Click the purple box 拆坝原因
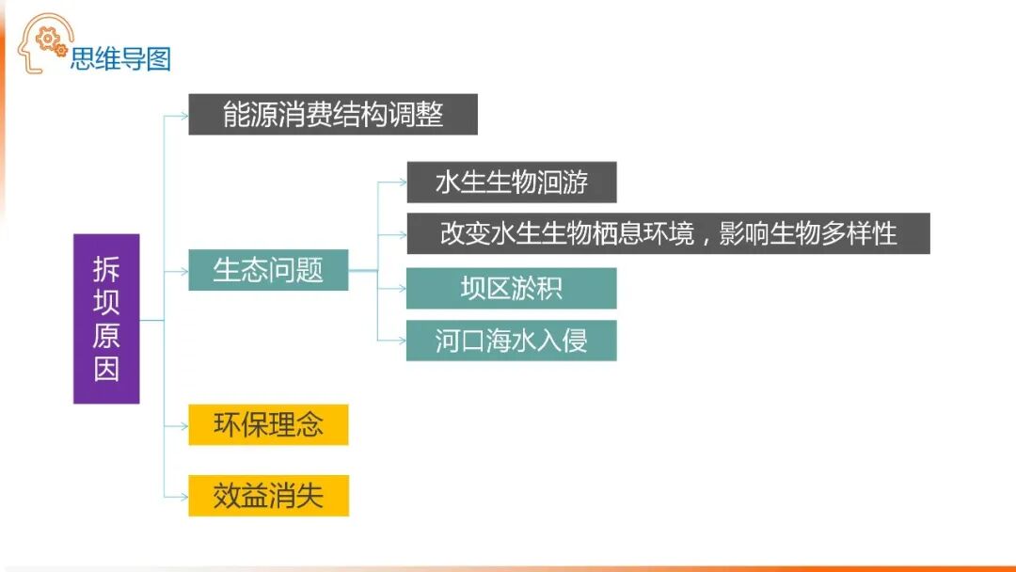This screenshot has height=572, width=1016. (x=106, y=318)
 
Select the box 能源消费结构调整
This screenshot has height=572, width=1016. (x=333, y=115)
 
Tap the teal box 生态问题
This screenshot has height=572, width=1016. (x=268, y=270)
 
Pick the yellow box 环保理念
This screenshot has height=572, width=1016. (x=268, y=425)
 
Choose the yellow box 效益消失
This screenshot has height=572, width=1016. (x=268, y=496)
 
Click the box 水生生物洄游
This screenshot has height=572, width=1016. (x=511, y=183)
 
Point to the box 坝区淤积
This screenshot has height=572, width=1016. (x=511, y=288)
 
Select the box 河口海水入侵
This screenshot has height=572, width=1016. (x=511, y=341)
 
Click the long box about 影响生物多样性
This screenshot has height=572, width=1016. (x=668, y=233)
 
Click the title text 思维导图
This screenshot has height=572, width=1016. (x=120, y=59)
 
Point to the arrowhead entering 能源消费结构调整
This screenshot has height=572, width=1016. (x=184, y=116)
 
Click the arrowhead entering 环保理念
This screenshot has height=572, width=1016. (x=184, y=426)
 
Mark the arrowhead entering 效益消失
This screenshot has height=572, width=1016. (x=184, y=497)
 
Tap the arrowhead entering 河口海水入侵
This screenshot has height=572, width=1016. (x=403, y=341)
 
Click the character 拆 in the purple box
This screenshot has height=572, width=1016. (x=106, y=269)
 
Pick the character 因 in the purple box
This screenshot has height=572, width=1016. (x=106, y=368)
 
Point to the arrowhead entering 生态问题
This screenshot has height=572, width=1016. (x=184, y=271)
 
